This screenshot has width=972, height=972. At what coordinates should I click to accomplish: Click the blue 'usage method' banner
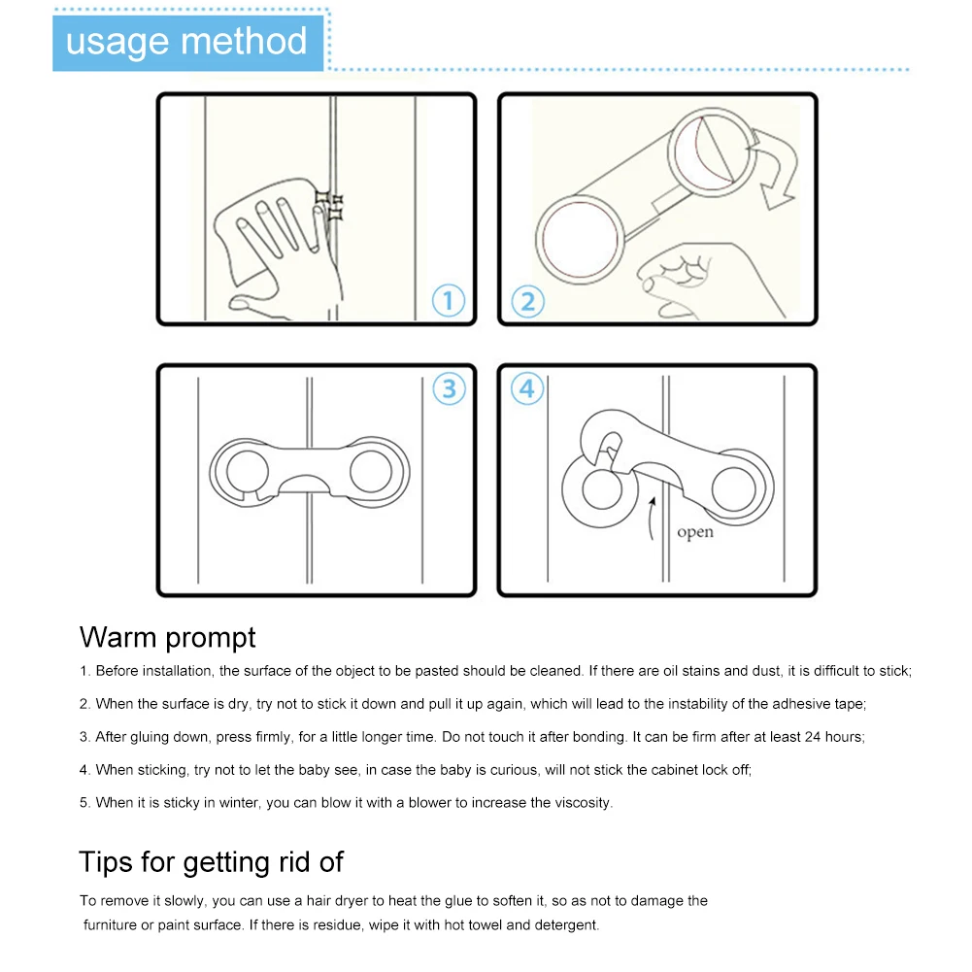click(186, 42)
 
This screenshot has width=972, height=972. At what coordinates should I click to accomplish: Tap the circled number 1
click(448, 300)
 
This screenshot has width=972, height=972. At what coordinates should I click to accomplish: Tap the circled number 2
click(526, 300)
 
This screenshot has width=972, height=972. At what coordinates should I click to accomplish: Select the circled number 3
click(449, 388)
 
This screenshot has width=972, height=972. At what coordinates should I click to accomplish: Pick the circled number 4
click(526, 388)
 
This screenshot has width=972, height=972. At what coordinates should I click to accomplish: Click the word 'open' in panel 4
click(694, 532)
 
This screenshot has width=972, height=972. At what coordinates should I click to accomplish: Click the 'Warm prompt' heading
click(168, 637)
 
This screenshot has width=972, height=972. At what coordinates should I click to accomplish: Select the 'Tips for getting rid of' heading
click(211, 861)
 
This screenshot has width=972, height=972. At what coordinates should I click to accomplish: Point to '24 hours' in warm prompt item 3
click(833, 737)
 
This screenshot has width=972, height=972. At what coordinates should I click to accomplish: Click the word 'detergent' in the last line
click(564, 925)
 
